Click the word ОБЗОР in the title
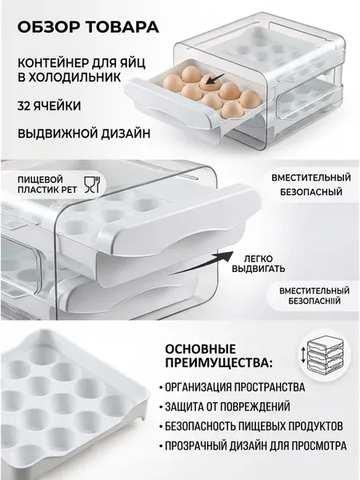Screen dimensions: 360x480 click(49, 26)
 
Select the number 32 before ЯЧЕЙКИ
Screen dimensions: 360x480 click(23, 106)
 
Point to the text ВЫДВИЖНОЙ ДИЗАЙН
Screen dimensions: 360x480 click(84, 134)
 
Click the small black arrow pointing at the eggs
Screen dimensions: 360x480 click(215, 79)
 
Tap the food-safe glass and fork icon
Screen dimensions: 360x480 click(91, 184)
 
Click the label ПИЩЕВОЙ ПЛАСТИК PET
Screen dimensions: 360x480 click(47, 185)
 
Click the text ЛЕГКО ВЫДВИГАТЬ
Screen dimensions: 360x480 click(258, 264)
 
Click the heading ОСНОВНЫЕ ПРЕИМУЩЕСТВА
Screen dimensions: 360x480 click(218, 356)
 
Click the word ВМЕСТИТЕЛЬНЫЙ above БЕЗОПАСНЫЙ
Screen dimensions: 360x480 click(311, 178)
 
